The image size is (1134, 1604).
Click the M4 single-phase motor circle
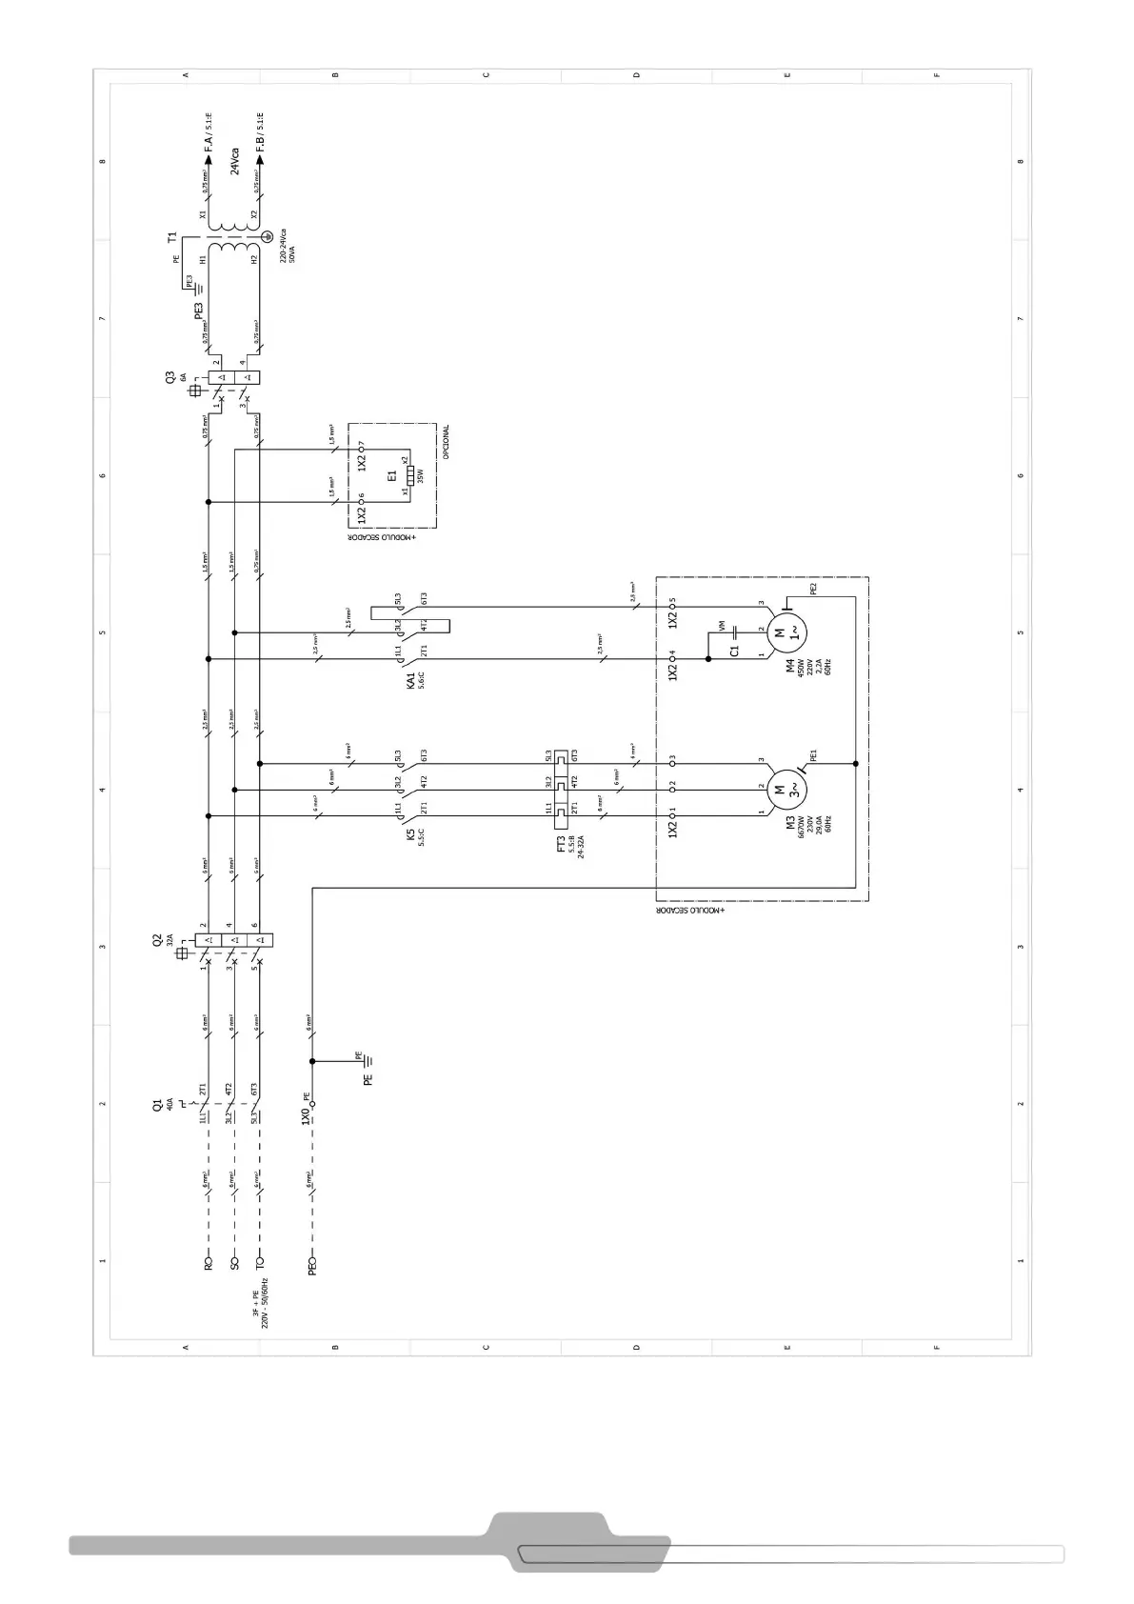[786, 630]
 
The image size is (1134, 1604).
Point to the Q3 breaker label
[170, 378]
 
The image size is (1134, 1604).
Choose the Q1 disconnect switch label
[157, 1105]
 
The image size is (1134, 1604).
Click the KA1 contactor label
[411, 680]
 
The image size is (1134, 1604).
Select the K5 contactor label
[411, 834]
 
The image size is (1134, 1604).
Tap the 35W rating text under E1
[421, 476]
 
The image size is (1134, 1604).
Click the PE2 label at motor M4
[813, 589]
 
